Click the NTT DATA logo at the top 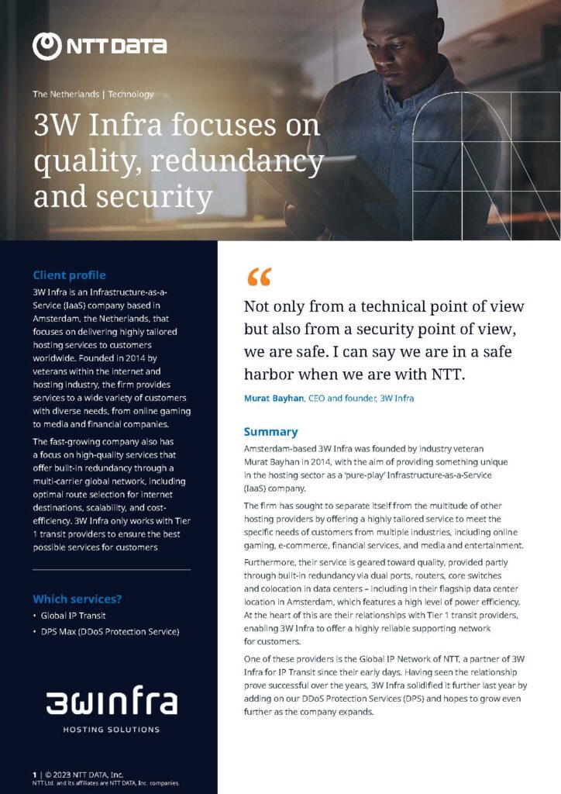point(99,45)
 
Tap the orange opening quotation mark point(259,277)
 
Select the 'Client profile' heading point(69,275)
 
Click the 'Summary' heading point(270,432)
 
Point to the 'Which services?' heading point(77,599)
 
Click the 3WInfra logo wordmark point(112,703)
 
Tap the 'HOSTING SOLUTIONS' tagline point(112,730)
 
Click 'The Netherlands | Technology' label point(93,95)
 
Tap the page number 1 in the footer point(34,775)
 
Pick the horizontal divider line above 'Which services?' point(112,570)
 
